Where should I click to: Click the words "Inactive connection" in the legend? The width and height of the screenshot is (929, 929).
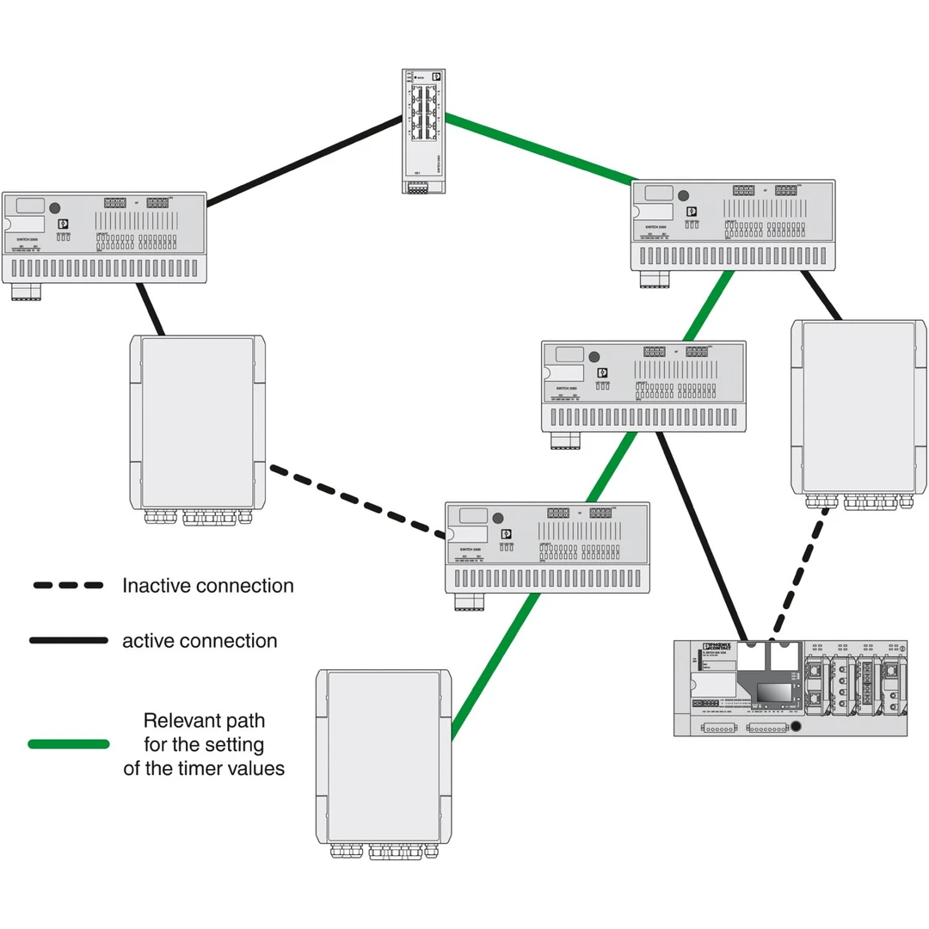click(207, 586)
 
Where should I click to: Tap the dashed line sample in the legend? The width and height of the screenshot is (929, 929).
click(68, 586)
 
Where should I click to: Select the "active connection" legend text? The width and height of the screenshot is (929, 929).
click(200, 641)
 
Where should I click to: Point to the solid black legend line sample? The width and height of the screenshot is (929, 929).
click(68, 641)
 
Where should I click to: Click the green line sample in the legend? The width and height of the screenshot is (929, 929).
click(68, 743)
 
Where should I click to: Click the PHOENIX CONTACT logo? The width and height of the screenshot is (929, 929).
click(717, 647)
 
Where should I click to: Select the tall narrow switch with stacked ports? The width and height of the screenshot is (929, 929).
click(422, 129)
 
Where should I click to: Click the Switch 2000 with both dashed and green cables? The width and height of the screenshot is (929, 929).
click(547, 547)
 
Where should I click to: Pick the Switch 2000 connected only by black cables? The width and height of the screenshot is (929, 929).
click(104, 237)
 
